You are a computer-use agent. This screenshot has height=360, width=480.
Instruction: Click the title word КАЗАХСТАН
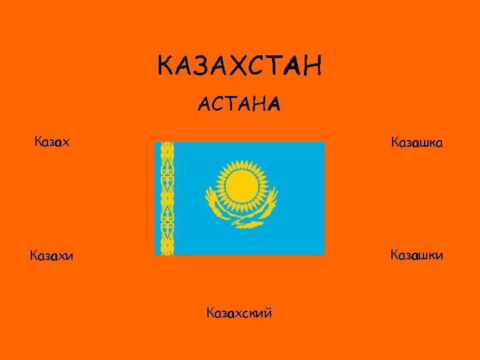pos(240,67)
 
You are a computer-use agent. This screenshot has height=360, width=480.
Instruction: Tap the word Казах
pos(52,142)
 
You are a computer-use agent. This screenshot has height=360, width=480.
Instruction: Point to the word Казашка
pos(417,142)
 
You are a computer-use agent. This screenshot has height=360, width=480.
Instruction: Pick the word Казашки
pos(417,255)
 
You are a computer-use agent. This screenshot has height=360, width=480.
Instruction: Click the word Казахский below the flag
pos(239,312)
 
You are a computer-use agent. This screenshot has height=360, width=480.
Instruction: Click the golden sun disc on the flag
pos(240,187)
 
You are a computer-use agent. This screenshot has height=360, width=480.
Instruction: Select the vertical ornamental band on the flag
pos(167,198)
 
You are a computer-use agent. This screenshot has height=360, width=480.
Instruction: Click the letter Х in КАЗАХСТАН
pos(241,67)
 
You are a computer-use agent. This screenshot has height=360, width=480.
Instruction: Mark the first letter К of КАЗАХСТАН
pos(166,67)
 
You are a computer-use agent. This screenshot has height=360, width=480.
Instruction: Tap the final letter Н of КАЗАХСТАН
pos(313,67)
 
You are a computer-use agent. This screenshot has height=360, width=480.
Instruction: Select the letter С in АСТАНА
pos(221,104)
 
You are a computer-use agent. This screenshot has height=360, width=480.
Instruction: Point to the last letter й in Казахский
pos(267,312)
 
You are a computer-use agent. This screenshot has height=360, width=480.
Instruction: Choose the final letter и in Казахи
pos(70,255)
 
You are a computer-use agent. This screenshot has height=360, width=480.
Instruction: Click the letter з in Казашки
pos(408,255)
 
